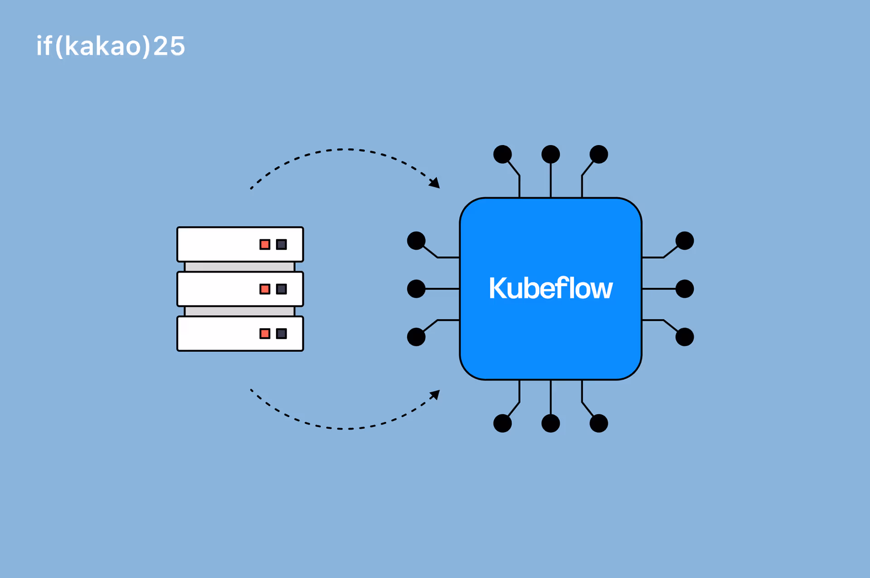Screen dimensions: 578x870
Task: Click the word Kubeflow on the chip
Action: pyautogui.click(x=551, y=288)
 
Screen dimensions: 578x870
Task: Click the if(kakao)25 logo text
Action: pyautogui.click(x=111, y=46)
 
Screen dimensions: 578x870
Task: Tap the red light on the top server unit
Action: pyautogui.click(x=265, y=245)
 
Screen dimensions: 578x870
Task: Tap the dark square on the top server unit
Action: pyautogui.click(x=281, y=245)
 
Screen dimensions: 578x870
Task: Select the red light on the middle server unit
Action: pyautogui.click(x=265, y=289)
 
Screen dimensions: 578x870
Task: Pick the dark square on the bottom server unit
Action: pyautogui.click(x=281, y=334)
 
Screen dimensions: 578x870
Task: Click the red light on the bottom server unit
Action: pyautogui.click(x=265, y=334)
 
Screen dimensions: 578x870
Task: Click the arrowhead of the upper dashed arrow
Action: pyautogui.click(x=435, y=183)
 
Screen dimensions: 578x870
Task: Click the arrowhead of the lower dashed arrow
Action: pyautogui.click(x=435, y=394)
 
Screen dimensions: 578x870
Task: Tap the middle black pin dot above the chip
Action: pyautogui.click(x=551, y=154)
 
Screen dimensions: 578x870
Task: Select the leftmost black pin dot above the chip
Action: pyautogui.click(x=503, y=154)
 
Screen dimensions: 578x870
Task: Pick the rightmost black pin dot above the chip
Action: pyautogui.click(x=599, y=154)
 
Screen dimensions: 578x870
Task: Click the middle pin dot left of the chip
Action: pyautogui.click(x=416, y=289)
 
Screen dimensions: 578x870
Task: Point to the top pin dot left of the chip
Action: pyautogui.click(x=416, y=241)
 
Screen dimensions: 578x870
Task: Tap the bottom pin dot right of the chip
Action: pyautogui.click(x=685, y=337)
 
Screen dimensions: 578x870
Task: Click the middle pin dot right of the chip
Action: pyautogui.click(x=685, y=289)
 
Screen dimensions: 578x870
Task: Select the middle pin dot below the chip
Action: pyautogui.click(x=551, y=423)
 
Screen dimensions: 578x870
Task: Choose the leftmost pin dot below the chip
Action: pyautogui.click(x=503, y=423)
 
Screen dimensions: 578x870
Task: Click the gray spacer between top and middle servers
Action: pyautogui.click(x=240, y=267)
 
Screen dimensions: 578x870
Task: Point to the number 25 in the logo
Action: pyautogui.click(x=169, y=46)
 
